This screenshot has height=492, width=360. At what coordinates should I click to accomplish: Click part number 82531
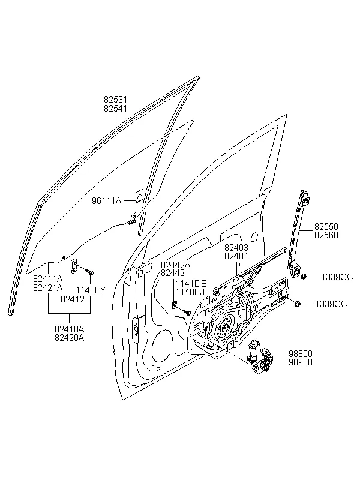tap(116, 100)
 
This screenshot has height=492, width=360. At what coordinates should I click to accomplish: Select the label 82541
tap(116, 108)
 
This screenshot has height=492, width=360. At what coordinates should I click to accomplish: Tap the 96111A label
tap(106, 200)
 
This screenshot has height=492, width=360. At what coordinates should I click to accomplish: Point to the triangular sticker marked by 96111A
tap(139, 196)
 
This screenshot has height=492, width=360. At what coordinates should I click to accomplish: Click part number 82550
tap(326, 227)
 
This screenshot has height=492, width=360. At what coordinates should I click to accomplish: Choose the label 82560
tap(326, 235)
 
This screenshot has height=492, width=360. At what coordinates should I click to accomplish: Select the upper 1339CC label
tap(337, 277)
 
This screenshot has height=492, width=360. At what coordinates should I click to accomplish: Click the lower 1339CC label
tap(331, 304)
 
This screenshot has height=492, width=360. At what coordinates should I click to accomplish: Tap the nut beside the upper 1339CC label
tap(304, 277)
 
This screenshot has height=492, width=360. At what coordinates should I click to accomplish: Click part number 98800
tap(301, 353)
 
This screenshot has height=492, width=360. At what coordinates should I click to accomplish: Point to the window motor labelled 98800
tap(260, 356)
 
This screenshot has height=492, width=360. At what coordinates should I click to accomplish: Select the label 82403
tap(236, 248)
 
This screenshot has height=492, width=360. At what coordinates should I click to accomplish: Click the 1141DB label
tap(191, 284)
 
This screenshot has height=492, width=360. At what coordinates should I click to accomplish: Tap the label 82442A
tap(175, 265)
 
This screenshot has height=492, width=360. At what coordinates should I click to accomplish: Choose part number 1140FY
tap(91, 290)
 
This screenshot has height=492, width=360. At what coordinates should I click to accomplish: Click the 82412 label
tap(73, 299)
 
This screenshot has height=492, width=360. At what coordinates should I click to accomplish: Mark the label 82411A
tap(48, 278)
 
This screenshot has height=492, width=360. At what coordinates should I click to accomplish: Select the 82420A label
tap(70, 338)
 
